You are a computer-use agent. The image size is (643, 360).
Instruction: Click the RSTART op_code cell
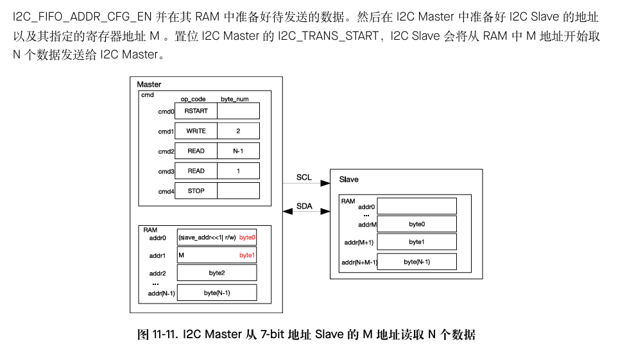pos(196,111)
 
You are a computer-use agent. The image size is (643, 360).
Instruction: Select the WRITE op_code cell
pos(196,131)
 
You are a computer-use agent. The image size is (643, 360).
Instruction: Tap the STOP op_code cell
pos(196,191)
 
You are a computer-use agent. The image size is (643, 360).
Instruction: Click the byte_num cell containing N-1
pos(238,151)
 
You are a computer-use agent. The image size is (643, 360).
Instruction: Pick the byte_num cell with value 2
pos(238,131)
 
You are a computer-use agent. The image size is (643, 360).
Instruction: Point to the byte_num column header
pos(235,99)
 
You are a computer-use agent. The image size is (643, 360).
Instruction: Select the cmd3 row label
pos(166,171)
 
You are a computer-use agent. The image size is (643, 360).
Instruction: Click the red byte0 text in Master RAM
pos(247,237)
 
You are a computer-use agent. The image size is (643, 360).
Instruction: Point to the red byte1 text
pos(247,255)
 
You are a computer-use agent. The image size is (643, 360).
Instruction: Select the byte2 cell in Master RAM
pos(217,273)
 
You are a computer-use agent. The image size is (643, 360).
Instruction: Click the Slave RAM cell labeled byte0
pos(416,224)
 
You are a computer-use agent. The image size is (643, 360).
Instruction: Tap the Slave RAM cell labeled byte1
pos(416,242)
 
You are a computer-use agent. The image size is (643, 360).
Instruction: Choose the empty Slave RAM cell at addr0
pos(416,206)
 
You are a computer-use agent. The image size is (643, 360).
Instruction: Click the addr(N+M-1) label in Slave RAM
pos(359,262)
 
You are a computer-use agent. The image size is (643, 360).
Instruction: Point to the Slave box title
pos(349,180)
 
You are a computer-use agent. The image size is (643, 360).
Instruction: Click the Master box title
pos(150,85)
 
